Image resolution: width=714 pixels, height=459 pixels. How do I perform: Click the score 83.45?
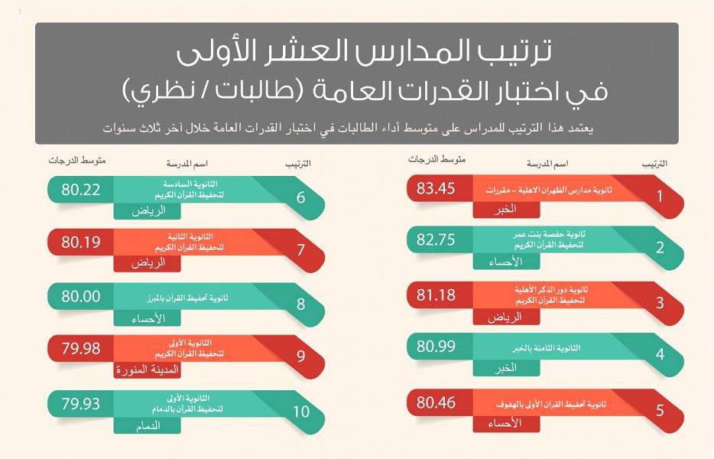pos(437,189)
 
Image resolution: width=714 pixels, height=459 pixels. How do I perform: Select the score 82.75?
pos(437,240)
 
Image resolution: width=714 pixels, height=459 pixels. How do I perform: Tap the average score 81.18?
pos(437,295)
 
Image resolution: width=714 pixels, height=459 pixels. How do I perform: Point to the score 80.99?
pos(437,347)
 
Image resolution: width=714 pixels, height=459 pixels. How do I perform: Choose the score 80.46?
pos(437,400)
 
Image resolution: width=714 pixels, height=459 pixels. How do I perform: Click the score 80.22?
pos(81,190)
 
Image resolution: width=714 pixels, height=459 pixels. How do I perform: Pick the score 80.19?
pos(81,243)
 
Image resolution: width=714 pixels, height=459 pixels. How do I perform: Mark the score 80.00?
pos(81,296)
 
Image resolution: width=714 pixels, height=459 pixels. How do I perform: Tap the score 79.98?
pos(81,349)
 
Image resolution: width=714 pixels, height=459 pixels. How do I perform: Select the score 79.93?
pos(81,402)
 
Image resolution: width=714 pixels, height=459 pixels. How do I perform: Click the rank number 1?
pos(660,196)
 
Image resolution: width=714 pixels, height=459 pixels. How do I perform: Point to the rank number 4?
pos(660,354)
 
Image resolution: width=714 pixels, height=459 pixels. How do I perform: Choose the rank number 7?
pos(300,250)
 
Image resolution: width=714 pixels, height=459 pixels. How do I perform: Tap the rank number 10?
pos(301,411)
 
